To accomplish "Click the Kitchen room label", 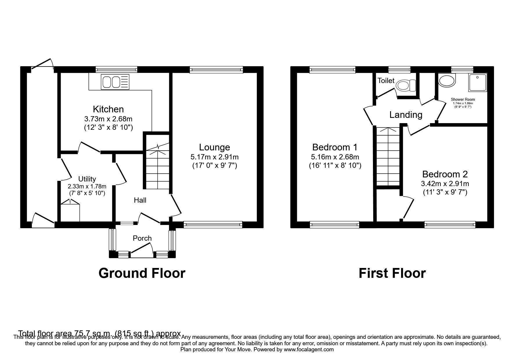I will [x=108, y=109].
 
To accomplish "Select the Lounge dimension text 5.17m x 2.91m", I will [x=214, y=157].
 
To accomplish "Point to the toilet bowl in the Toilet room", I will [x=405, y=85].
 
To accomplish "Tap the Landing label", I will [x=406, y=115].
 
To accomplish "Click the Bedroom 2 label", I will [x=445, y=174].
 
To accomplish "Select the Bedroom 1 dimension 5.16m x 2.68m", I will [x=335, y=157].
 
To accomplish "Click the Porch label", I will [x=142, y=238].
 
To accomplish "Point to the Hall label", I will [x=140, y=200].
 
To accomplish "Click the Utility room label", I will [x=87, y=179].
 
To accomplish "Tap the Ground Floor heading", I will [x=142, y=273].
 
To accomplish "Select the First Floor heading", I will [x=392, y=273].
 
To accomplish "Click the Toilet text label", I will [x=386, y=80].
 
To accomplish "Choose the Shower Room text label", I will [x=463, y=99].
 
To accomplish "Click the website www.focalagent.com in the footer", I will [x=309, y=350].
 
